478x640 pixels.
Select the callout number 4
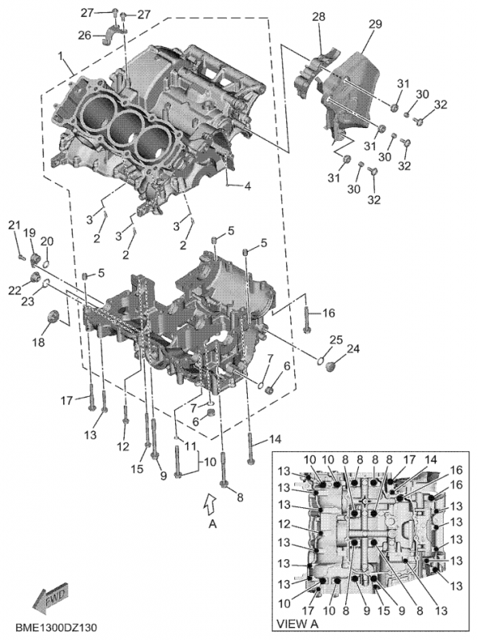[248, 186]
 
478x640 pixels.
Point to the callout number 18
[39, 342]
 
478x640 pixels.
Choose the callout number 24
[353, 348]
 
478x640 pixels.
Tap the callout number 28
[318, 17]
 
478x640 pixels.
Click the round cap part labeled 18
[55, 315]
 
